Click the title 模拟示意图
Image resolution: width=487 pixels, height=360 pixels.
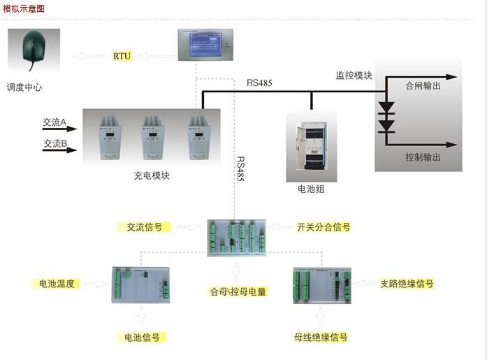coord(24,9)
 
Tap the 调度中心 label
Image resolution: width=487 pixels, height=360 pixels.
coord(25,87)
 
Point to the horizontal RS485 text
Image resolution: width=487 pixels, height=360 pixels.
coord(259,83)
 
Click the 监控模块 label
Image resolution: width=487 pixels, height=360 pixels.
coord(354,75)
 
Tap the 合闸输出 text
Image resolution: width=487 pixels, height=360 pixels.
coord(423,86)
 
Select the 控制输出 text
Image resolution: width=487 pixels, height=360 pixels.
coord(423,157)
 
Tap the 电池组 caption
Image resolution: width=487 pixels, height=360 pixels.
coord(311,189)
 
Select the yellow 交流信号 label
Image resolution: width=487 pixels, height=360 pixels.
coord(144,227)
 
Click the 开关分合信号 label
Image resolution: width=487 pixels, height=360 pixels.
coord(324,227)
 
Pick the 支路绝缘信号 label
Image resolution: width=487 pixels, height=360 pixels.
coord(407,284)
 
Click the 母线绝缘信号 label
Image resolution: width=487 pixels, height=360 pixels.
coord(321,337)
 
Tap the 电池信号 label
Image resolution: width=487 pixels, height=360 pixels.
coord(142,337)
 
